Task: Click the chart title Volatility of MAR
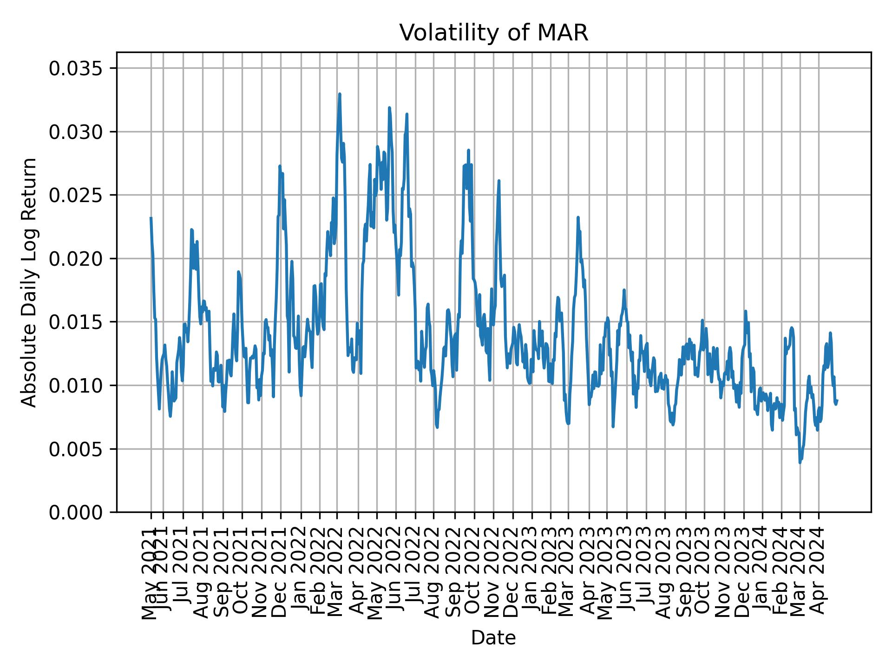pos(493,33)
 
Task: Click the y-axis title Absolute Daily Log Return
pos(30,282)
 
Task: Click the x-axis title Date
pos(493,638)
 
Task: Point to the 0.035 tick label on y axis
pos(76,69)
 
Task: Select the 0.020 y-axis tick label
pos(76,259)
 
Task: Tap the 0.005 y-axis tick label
pos(76,449)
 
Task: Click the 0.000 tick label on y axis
pos(76,512)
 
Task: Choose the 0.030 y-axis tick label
pos(76,132)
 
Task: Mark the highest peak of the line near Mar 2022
pos(340,94)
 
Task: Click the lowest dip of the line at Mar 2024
pos(800,462)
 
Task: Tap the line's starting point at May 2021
pos(151,217)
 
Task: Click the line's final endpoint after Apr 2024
pos(837,400)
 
